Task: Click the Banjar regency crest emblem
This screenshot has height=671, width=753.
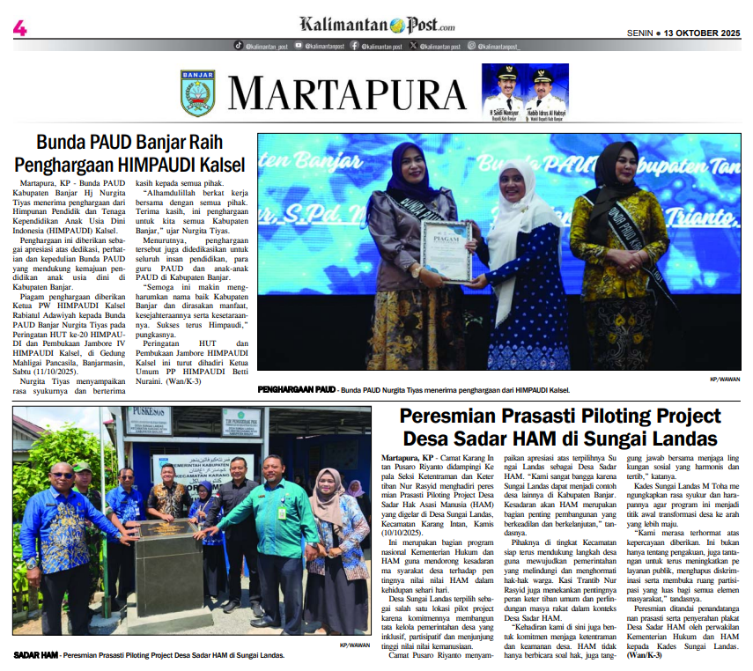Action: click(x=197, y=92)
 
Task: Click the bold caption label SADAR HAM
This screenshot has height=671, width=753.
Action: click(x=35, y=655)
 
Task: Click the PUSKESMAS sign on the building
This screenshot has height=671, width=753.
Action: click(x=147, y=415)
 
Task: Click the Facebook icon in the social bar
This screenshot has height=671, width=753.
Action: click(x=354, y=45)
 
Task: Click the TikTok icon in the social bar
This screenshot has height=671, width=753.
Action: click(x=240, y=45)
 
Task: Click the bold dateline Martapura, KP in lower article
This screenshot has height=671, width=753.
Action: click(x=407, y=459)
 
